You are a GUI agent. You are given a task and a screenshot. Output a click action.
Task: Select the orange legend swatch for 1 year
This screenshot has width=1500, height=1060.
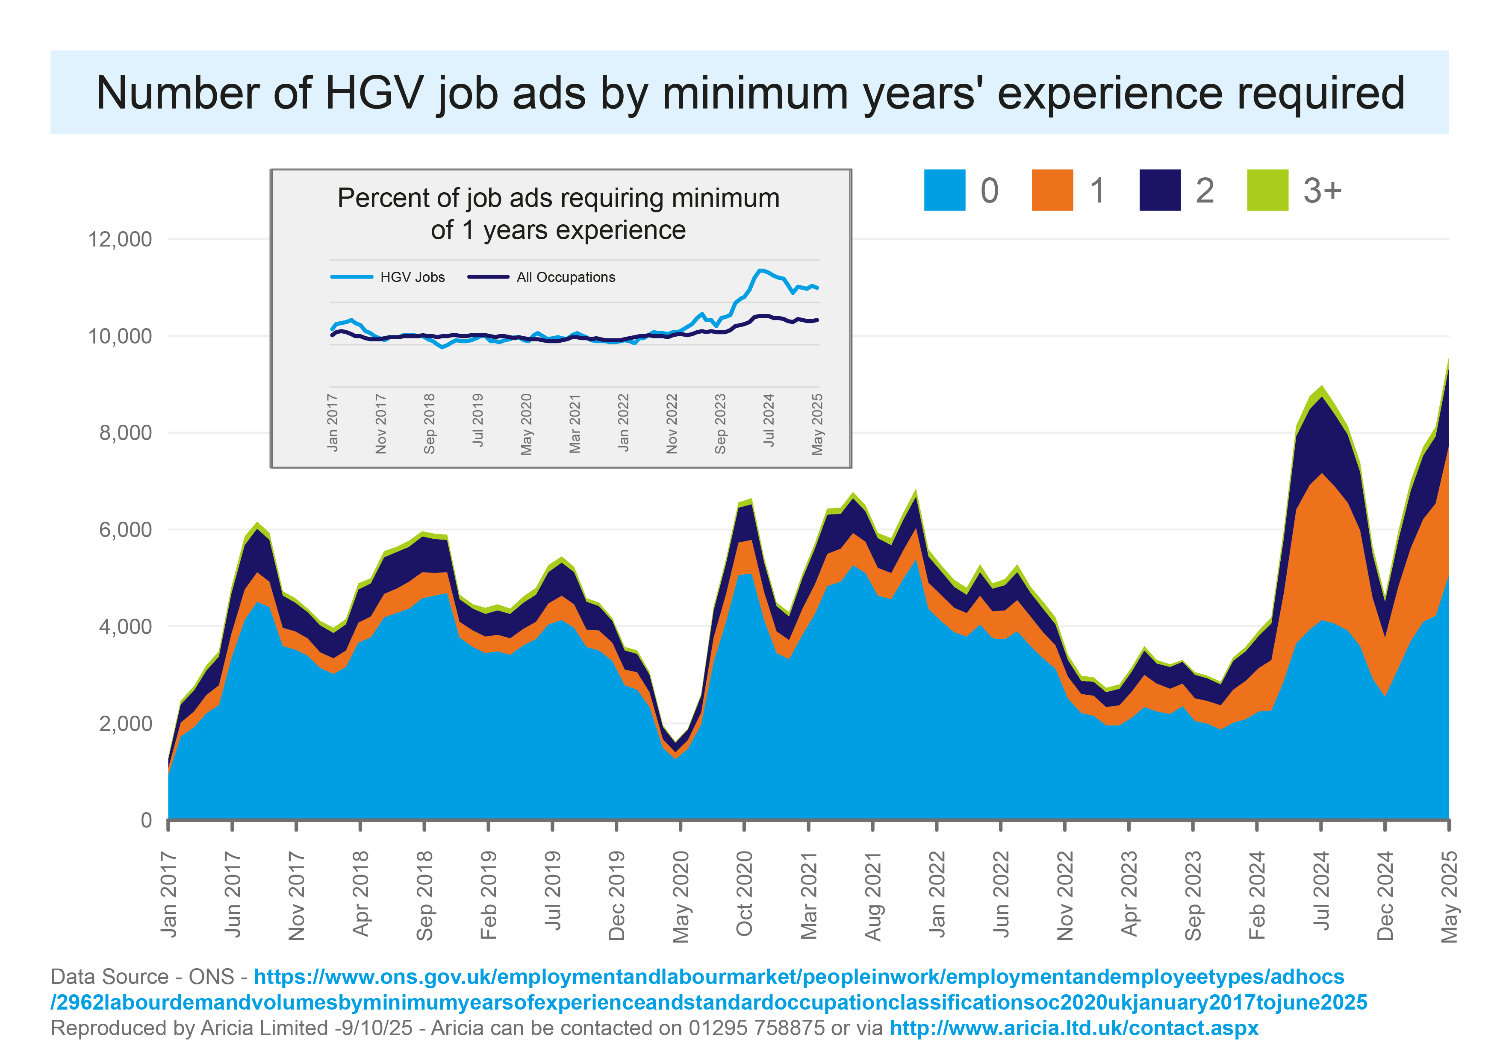[x=1052, y=190]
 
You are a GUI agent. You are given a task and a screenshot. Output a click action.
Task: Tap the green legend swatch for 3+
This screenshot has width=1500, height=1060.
[x=1267, y=190]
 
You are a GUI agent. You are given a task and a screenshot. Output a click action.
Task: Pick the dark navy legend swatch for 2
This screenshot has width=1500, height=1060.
[x=1160, y=190]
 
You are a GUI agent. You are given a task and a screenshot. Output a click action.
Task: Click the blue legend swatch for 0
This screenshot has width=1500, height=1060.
[x=945, y=190]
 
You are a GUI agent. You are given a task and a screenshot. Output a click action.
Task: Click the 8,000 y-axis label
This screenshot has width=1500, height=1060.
[x=125, y=432]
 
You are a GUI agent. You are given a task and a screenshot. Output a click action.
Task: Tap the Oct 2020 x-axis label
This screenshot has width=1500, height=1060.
[x=744, y=893]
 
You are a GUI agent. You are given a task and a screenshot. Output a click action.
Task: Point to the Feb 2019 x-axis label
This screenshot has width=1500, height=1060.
[x=488, y=895]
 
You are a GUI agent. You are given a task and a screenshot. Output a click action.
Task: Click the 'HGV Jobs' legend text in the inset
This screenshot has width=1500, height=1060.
[x=412, y=277]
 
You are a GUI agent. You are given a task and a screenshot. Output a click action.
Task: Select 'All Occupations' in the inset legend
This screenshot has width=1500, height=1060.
[x=566, y=277]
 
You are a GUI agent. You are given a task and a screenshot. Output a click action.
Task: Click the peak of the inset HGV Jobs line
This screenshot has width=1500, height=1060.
[x=760, y=270]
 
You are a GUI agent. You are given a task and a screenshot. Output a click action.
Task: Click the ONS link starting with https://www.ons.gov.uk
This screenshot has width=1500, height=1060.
[x=709, y=990]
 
